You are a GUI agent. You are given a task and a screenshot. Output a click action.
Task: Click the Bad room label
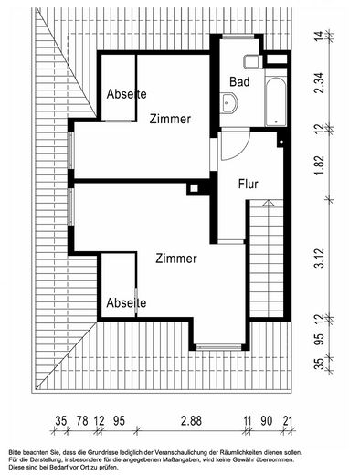pyautogui.click(x=239, y=81)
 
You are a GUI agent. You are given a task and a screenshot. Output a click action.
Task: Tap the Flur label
pyautogui.click(x=249, y=184)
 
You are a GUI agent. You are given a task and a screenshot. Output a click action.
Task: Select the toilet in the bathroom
pyautogui.click(x=253, y=62)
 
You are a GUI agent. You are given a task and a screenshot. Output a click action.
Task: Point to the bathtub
pyautogui.click(x=276, y=101)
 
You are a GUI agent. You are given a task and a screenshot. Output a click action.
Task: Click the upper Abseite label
pyautogui.click(x=126, y=94)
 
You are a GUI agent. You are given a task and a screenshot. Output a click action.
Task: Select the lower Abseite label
pyautogui.click(x=126, y=302)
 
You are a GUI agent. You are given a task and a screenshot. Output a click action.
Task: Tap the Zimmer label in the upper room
pyautogui.click(x=170, y=119)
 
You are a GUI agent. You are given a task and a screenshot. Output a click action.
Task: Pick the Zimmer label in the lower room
pyautogui.click(x=176, y=259)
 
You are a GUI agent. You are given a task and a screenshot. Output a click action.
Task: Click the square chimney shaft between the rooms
pyautogui.click(x=194, y=188)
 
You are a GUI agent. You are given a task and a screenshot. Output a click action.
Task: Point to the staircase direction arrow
pyautogui.click(x=269, y=203)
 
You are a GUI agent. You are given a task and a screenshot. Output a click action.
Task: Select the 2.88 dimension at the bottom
pyautogui.click(x=191, y=421)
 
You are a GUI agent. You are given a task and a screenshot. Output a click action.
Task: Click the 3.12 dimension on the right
pyautogui.click(x=320, y=258)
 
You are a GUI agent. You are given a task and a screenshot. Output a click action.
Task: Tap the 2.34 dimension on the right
pyautogui.click(x=320, y=83)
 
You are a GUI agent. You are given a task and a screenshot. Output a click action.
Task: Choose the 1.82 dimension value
pyautogui.click(x=320, y=165)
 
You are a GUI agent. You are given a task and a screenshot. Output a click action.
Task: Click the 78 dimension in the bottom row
pyautogui.click(x=82, y=421)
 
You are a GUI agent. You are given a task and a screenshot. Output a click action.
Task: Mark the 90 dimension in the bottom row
pyautogui.click(x=267, y=421)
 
